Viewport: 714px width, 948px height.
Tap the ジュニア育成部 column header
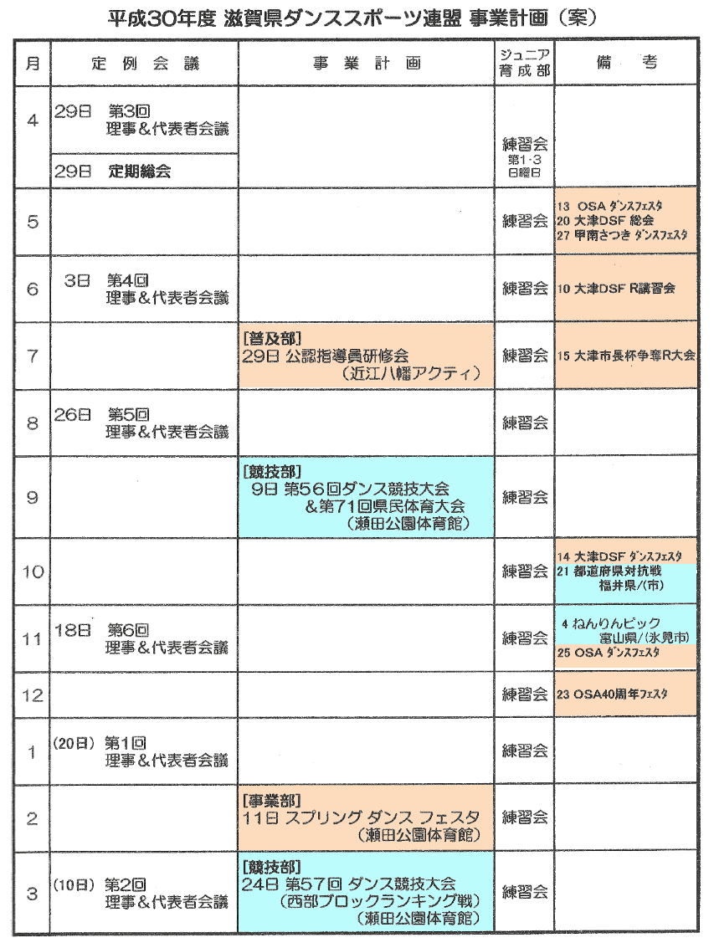525,63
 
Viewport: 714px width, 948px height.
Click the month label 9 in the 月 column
33,497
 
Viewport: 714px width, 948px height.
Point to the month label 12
33,695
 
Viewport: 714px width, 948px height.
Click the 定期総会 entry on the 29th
139,172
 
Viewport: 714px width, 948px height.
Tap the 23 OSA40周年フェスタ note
615,694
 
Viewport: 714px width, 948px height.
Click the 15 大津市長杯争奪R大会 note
626,355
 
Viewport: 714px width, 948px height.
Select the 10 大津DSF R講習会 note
616,289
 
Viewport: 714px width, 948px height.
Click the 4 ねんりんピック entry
611,623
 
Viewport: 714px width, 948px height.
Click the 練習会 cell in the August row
525,423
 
